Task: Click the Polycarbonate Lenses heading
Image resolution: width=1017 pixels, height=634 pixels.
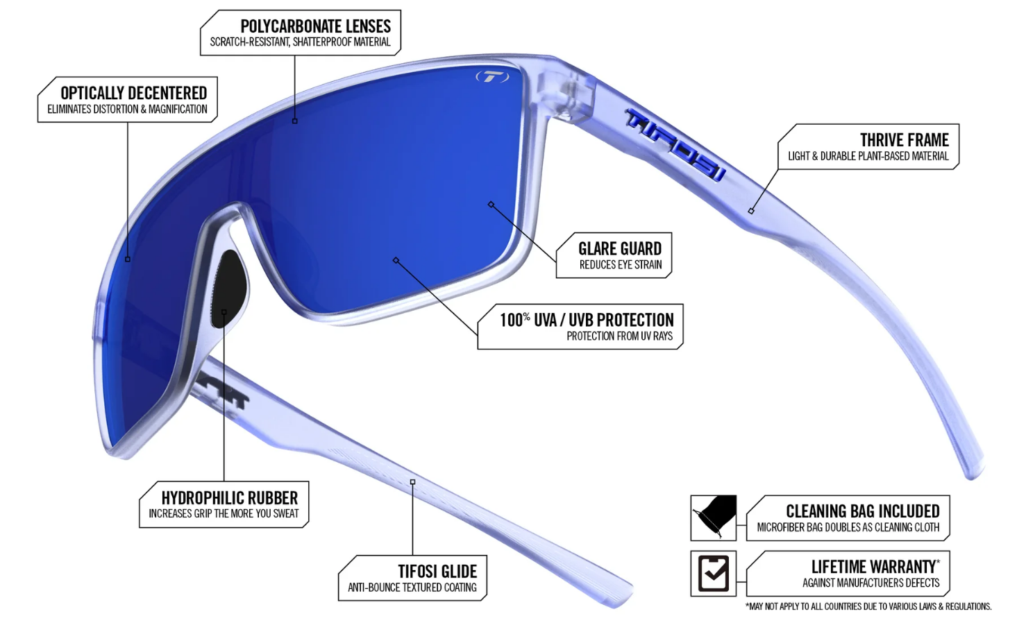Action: (316, 26)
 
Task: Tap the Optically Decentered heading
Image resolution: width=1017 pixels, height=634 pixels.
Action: (134, 93)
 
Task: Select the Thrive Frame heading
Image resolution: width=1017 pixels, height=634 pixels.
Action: (905, 139)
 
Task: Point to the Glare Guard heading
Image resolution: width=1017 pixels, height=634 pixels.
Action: (620, 248)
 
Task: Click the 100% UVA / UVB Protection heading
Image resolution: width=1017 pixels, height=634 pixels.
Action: (587, 320)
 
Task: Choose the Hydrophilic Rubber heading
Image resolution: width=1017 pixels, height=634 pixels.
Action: (230, 498)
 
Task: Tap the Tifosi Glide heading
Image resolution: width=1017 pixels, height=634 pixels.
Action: (437, 571)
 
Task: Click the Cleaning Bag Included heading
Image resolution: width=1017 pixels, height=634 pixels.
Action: (863, 511)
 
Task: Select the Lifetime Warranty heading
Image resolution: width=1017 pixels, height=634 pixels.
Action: (875, 567)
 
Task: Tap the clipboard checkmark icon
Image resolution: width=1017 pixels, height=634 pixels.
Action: (713, 573)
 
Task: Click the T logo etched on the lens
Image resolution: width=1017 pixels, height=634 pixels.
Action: (493, 77)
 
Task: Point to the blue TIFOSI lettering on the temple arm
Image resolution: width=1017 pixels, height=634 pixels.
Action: (675, 144)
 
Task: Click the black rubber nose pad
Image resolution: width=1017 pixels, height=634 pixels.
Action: (229, 289)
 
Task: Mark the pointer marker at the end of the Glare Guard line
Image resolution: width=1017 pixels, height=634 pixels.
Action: (491, 205)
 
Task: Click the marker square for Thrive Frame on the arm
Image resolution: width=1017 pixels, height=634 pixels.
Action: (751, 211)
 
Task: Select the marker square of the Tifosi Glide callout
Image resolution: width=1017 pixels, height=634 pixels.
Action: (413, 481)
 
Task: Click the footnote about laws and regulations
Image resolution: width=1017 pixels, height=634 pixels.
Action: (868, 606)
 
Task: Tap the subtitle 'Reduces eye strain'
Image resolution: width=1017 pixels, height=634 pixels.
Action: (621, 264)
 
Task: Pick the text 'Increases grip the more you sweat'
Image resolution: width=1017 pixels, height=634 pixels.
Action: (224, 513)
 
